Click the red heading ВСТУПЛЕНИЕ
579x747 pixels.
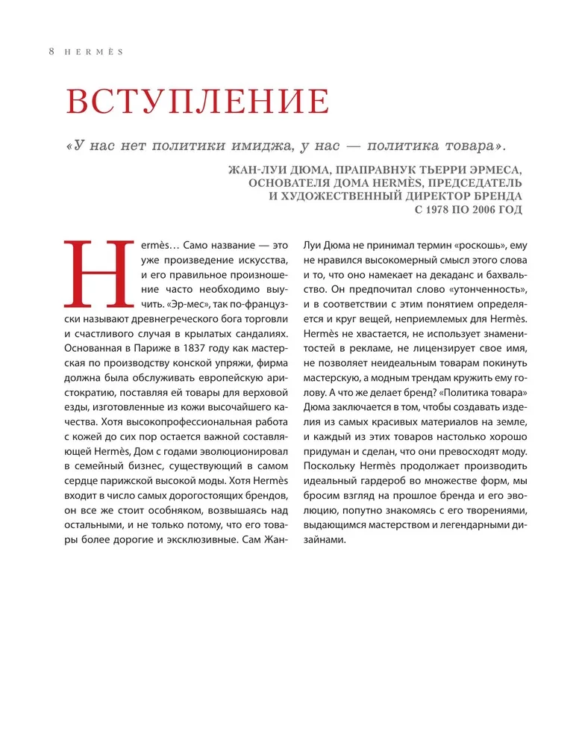click(198, 102)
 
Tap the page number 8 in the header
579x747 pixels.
click(51, 52)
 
